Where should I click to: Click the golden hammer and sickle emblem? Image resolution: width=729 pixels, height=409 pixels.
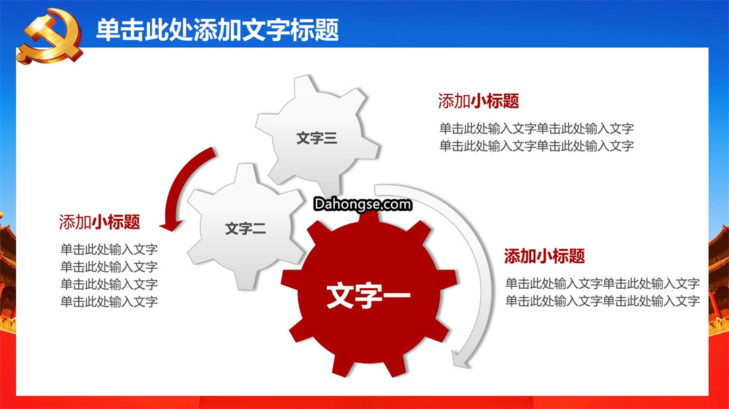click(50, 36)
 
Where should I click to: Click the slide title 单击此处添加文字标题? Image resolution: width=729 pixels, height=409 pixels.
click(217, 30)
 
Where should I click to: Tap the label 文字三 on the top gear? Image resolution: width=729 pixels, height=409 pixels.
click(317, 138)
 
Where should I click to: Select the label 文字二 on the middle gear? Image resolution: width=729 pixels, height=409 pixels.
click(246, 229)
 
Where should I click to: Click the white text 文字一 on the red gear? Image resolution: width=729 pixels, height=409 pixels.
click(369, 296)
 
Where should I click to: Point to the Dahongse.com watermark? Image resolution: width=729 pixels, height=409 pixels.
click(362, 204)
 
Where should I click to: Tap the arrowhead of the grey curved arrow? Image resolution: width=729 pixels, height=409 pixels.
click(461, 360)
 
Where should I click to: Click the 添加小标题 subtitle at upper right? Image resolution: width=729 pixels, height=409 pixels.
click(479, 101)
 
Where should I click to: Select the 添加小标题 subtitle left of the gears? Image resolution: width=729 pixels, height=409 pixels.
click(99, 222)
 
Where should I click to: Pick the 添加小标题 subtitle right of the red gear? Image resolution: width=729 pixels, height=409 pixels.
click(545, 256)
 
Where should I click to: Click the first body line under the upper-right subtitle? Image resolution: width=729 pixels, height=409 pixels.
click(537, 128)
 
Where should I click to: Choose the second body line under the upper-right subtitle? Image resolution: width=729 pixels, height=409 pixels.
click(537, 146)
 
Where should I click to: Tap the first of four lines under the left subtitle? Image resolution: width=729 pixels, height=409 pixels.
click(109, 250)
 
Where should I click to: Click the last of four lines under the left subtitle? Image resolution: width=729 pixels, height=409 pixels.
click(109, 302)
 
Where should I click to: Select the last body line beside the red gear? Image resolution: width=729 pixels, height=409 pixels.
click(603, 301)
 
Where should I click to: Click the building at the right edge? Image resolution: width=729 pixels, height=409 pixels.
click(719, 279)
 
